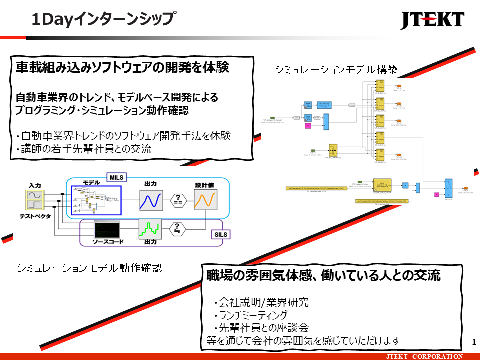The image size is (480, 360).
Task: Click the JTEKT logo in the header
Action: click(x=432, y=20)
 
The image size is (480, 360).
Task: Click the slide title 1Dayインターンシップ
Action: click(x=103, y=19)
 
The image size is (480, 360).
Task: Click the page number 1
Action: click(x=473, y=342)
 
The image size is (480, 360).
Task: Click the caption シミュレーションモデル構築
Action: click(x=336, y=70)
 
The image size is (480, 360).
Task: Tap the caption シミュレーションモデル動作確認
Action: click(x=89, y=268)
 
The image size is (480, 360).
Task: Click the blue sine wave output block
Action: click(x=151, y=201)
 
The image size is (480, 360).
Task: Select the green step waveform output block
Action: click(x=151, y=229)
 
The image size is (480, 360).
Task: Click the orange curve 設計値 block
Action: click(x=205, y=201)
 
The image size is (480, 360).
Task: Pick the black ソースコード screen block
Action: click(x=107, y=230)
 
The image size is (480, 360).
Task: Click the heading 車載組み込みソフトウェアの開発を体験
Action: click(x=122, y=68)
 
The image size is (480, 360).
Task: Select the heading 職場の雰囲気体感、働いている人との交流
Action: click(x=323, y=275)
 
